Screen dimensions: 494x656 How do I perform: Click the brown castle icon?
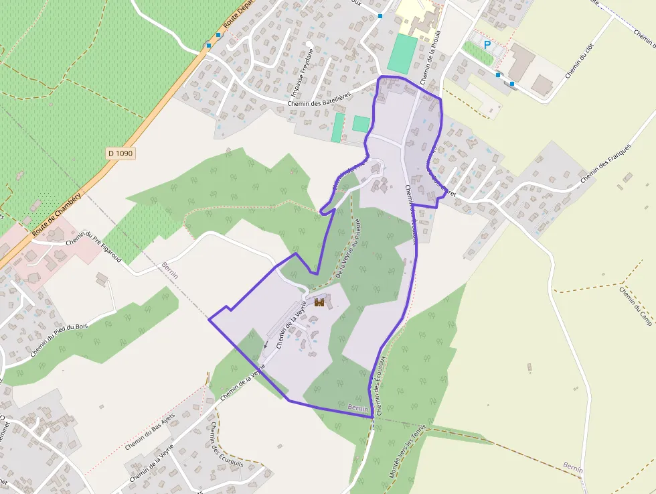[320, 303]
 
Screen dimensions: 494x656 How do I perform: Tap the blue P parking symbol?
[487, 46]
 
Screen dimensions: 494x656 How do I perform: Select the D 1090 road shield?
[120, 153]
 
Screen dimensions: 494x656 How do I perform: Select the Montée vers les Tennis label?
[407, 454]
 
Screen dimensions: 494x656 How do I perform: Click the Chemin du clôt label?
[579, 61]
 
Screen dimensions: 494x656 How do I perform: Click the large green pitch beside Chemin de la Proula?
[402, 54]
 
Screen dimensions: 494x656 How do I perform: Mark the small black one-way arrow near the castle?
[265, 345]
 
